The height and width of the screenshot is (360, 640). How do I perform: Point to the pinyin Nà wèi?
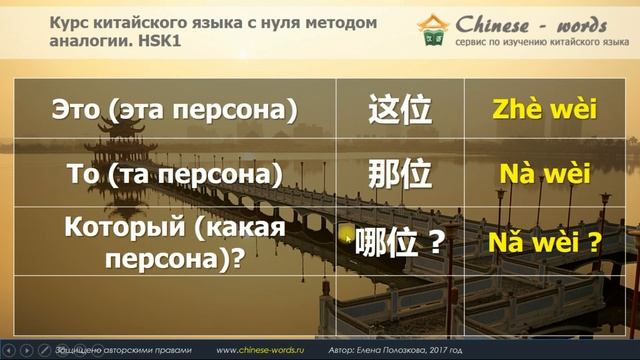544,174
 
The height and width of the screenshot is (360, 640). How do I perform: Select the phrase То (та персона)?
174,174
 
